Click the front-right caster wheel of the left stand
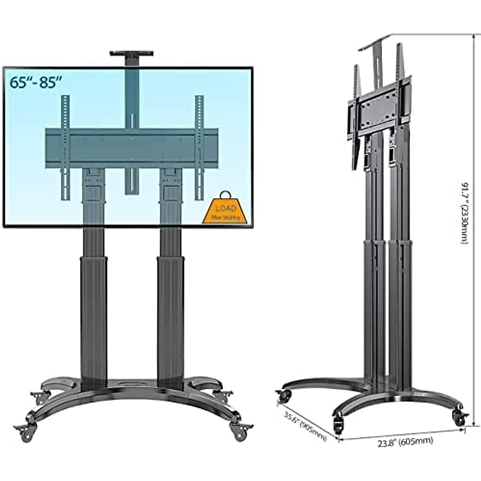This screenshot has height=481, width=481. [x=239, y=432]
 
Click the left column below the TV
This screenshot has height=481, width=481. [x=93, y=305]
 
